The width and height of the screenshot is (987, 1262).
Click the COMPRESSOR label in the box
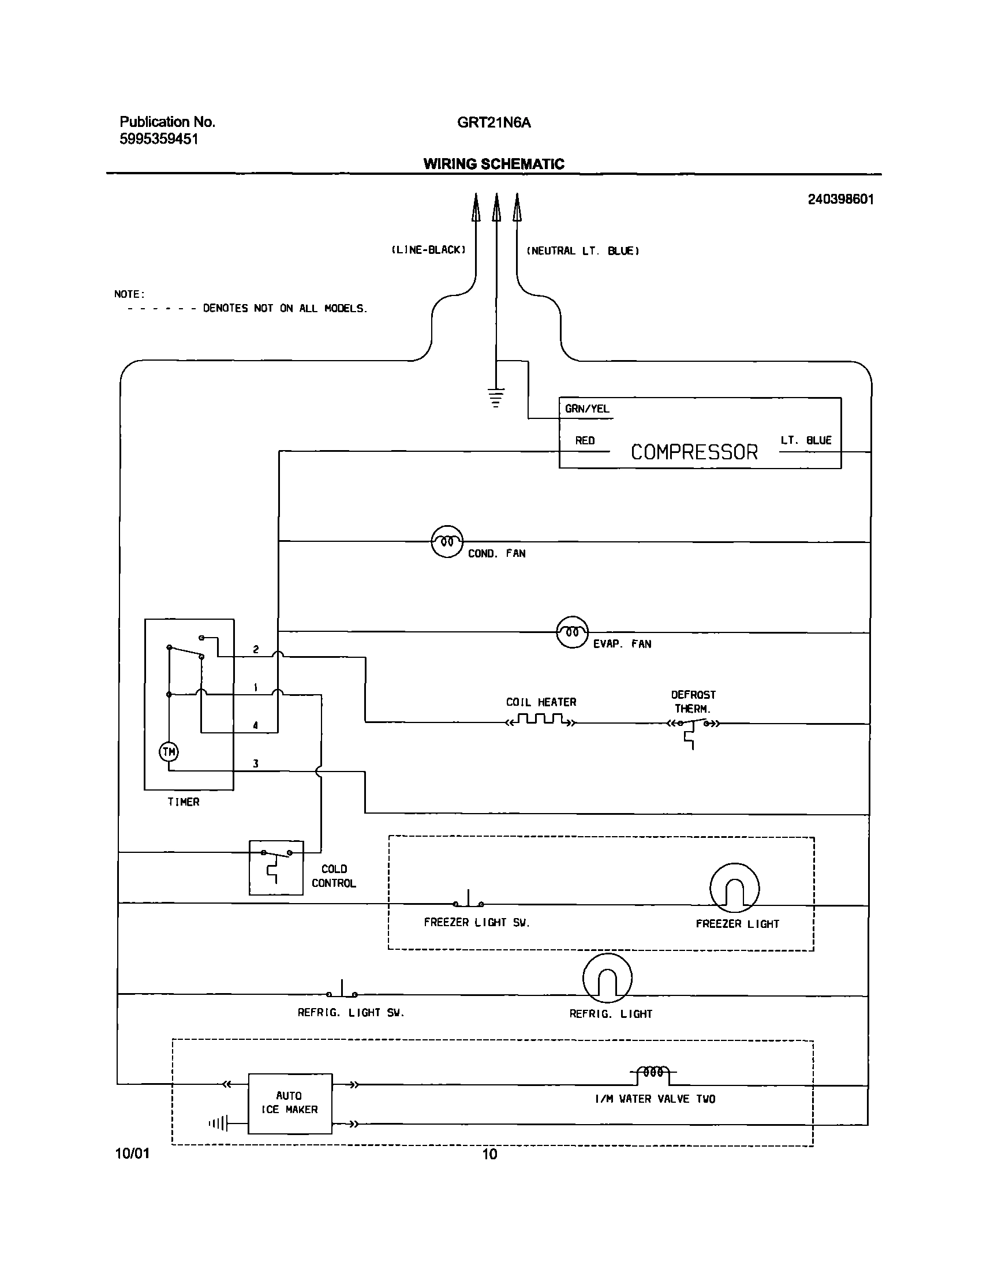tap(694, 452)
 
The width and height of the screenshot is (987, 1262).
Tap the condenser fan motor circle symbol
tap(447, 541)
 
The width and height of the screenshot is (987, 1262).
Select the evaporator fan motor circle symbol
tap(572, 632)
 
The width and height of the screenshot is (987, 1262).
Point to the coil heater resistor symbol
tap(540, 720)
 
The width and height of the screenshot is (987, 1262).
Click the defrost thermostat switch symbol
tap(692, 725)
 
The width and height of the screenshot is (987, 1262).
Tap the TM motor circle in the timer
tap(169, 752)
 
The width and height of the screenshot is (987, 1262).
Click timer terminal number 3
tap(256, 764)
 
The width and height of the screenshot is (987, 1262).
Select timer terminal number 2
tap(256, 650)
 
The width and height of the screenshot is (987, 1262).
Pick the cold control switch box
tap(276, 867)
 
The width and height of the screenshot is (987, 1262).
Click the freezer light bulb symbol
tap(734, 888)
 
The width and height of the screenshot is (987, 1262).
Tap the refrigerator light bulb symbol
tap(607, 978)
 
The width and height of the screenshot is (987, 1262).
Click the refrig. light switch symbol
tap(342, 991)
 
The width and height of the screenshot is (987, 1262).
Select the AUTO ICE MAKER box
tap(290, 1103)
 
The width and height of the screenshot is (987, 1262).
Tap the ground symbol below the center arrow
tap(496, 398)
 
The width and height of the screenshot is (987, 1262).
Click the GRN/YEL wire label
tap(586, 409)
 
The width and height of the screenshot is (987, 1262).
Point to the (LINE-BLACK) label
tap(428, 250)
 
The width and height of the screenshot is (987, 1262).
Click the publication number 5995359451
tap(159, 139)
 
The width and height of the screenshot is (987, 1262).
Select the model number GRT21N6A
tap(493, 122)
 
